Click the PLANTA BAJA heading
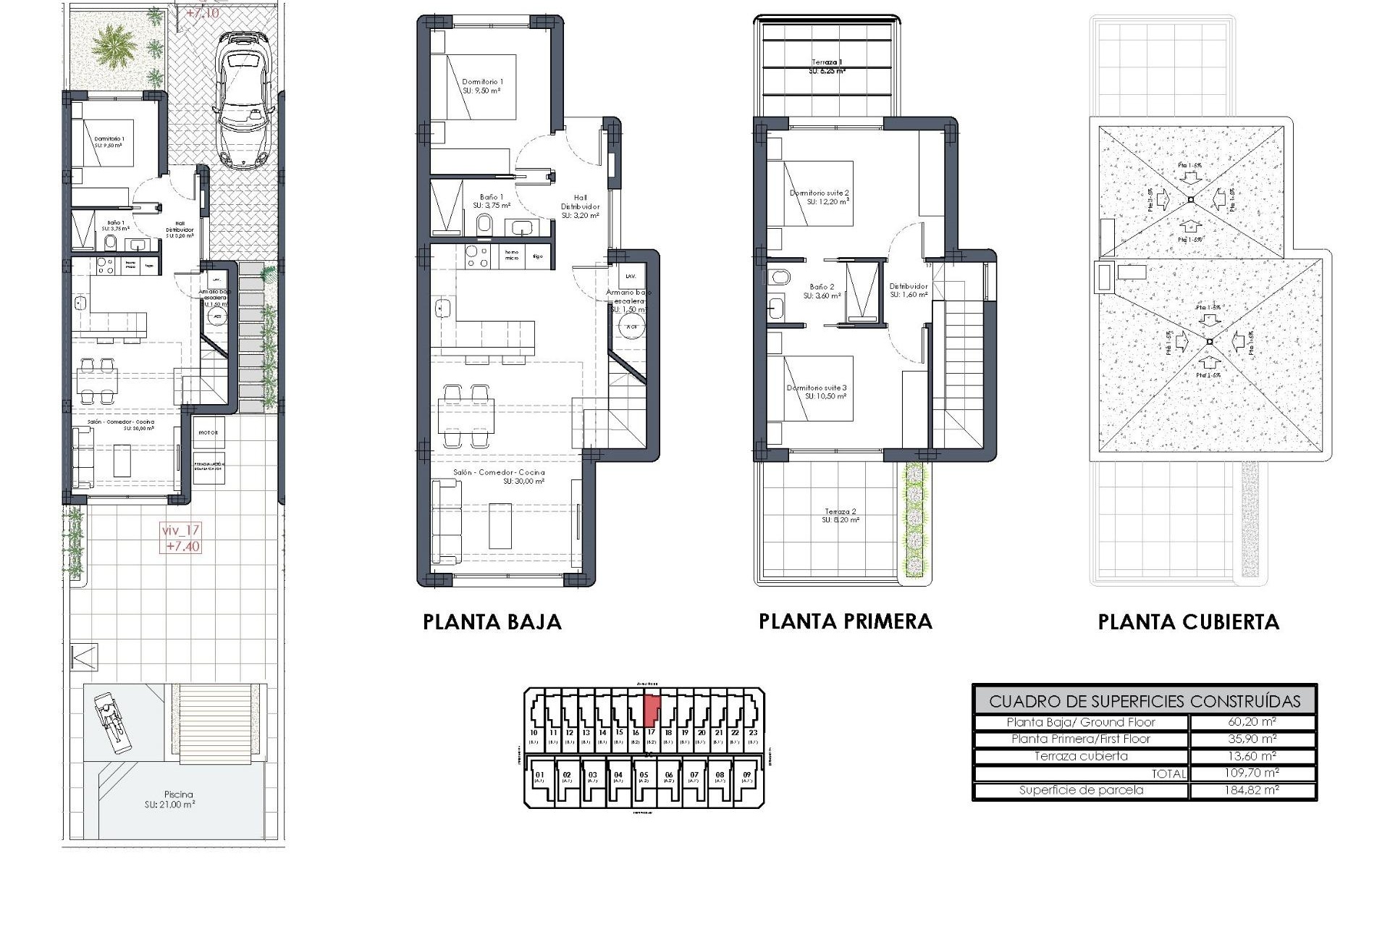[492, 622]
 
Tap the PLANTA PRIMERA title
[845, 621]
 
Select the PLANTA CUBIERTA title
[1188, 622]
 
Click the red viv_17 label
[180, 538]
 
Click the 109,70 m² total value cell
[1252, 773]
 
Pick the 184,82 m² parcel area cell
[1252, 790]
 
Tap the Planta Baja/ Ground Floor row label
[1081, 722]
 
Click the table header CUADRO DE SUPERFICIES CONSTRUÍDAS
[1144, 701]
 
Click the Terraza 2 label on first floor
[840, 516]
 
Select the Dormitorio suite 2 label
[819, 197]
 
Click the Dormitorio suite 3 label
[816, 392]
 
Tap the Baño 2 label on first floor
[822, 291]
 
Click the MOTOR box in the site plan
[208, 432]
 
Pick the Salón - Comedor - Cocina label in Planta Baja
[499, 476]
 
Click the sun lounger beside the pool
[111, 720]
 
